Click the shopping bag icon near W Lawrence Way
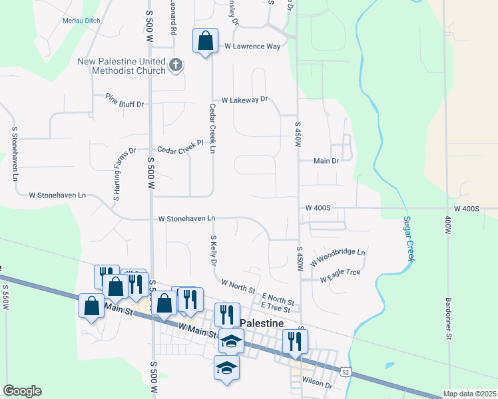coord(206,41)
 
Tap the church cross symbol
coord(176,65)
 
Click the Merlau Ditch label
coord(81,21)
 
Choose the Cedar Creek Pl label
coord(179,146)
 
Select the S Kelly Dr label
coord(214,251)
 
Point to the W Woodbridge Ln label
coord(341,253)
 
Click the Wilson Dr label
coord(316,384)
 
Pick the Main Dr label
coord(326,160)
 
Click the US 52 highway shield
coord(344,371)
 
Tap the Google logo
coord(22,391)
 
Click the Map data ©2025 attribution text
coord(469,394)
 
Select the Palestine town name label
coord(261,323)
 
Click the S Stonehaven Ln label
coord(13,154)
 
